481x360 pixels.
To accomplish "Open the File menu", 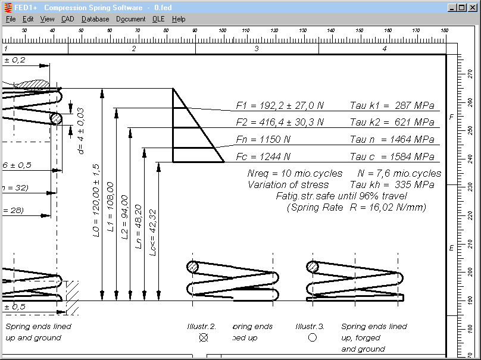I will coord(11,19).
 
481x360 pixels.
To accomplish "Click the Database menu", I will coord(95,19).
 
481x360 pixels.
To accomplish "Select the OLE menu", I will coord(158,19).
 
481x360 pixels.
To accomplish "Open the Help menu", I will coord(179,19).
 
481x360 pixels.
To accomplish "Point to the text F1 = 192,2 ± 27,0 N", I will coord(280,106).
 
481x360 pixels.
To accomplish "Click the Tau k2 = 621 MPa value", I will coord(392,123).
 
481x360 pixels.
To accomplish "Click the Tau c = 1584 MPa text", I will coord(392,157).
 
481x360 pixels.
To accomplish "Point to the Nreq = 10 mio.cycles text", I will coord(295,174).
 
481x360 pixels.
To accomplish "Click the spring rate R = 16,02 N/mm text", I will coord(357,208).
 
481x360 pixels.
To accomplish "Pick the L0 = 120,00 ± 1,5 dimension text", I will coord(96,201).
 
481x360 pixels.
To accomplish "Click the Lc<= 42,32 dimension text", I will coord(153,233).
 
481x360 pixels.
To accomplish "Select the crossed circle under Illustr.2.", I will coord(204,337).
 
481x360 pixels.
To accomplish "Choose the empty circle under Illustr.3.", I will coord(312,337).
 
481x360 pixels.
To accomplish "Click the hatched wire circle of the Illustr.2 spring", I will coord(192,267).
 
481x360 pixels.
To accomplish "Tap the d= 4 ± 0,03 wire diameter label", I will coord(81,132).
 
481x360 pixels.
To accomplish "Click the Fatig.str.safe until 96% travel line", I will coord(341,196).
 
